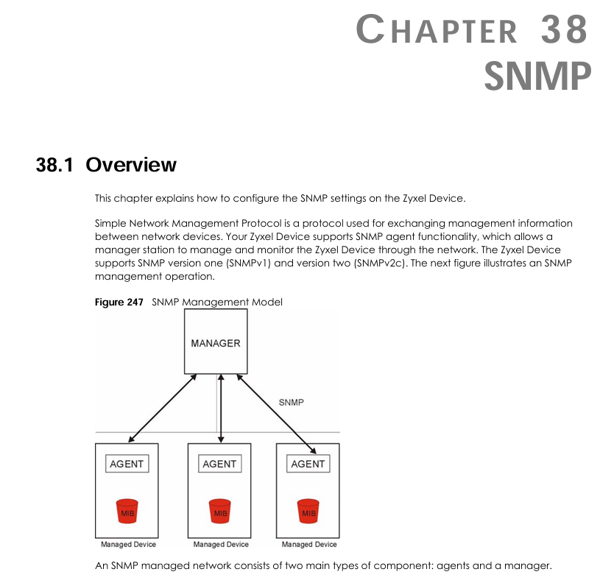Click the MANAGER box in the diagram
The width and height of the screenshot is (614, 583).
216,342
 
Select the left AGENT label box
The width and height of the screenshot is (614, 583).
127,464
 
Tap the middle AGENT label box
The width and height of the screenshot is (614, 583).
219,464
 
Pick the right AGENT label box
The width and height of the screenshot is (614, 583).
308,464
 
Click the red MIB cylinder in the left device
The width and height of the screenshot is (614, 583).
127,512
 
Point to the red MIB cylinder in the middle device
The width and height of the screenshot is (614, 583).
219,512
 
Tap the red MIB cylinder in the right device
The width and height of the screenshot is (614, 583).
308,512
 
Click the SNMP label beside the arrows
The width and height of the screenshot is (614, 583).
292,403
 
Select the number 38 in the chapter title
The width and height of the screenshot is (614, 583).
563,31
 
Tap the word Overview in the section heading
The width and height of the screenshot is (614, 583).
131,164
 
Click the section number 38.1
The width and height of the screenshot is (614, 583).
54,164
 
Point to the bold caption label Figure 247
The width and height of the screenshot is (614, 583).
119,302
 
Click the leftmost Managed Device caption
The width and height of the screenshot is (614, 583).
128,545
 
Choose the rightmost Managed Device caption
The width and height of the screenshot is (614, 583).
309,545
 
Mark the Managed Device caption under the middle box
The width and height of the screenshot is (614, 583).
221,545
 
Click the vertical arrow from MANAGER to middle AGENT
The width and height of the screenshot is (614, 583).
221,409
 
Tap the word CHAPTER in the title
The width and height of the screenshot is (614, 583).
437,31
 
